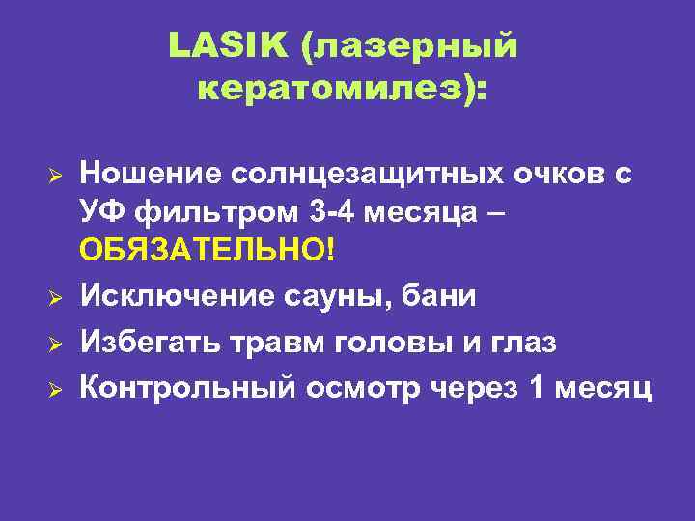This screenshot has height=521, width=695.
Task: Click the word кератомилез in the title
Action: (x=338, y=92)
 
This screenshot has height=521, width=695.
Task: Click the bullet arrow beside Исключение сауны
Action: (x=57, y=298)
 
